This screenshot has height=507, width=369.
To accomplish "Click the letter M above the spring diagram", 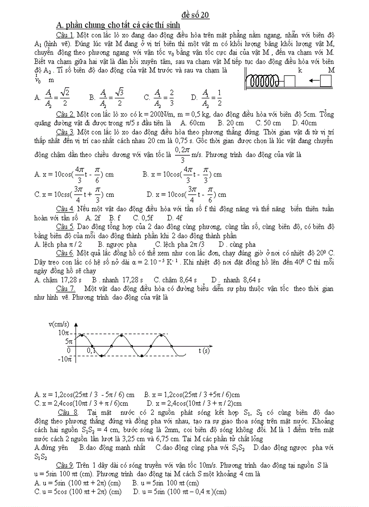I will point(331,70).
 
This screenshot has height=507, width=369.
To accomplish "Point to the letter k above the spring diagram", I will point(300,70).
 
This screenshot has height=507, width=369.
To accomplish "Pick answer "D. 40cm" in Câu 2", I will point(304,123).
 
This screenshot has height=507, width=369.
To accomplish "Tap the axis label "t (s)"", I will point(204,350).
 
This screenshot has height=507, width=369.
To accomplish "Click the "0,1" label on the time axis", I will point(91,350).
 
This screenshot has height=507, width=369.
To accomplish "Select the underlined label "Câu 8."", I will point(68,412).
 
